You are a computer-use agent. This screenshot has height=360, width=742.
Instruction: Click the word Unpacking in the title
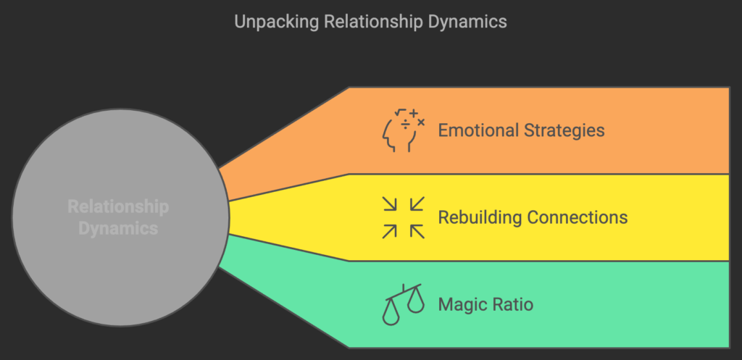268,22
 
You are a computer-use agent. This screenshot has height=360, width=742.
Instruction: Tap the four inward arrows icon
403,217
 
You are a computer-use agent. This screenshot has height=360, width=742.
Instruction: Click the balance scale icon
403,304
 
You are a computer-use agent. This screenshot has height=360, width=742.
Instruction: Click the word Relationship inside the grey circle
118,207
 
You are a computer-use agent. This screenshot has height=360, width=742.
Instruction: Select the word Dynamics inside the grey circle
118,228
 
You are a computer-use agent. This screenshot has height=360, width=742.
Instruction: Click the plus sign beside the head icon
414,114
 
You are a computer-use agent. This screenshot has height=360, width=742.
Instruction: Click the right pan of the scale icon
415,301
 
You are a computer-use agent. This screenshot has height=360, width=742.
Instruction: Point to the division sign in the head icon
407,125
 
